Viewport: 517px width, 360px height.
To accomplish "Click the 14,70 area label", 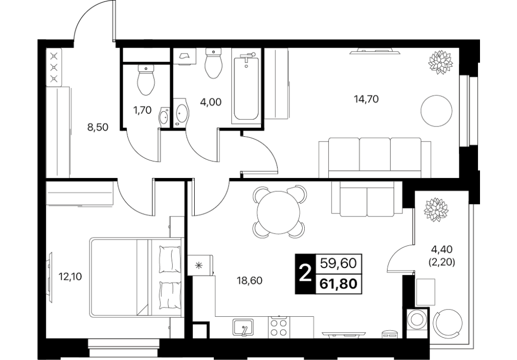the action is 366,99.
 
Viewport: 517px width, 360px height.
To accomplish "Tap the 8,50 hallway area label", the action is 98,127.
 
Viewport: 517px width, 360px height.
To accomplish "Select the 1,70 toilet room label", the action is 142,110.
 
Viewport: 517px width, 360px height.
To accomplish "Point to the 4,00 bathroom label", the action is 211,102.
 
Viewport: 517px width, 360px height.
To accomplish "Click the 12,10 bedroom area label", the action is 70,277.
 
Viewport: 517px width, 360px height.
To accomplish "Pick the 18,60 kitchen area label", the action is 250,281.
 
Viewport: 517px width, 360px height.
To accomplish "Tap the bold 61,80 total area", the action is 339,283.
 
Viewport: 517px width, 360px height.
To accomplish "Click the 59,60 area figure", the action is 339,263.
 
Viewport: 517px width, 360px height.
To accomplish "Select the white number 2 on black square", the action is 305,274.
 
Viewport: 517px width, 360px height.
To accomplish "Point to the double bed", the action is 136,278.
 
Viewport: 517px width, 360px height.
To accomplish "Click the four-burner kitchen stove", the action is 279,327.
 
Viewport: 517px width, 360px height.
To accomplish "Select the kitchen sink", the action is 243,327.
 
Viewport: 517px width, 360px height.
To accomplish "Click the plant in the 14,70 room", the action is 440,62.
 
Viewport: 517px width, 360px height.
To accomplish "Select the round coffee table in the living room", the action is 436,110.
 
